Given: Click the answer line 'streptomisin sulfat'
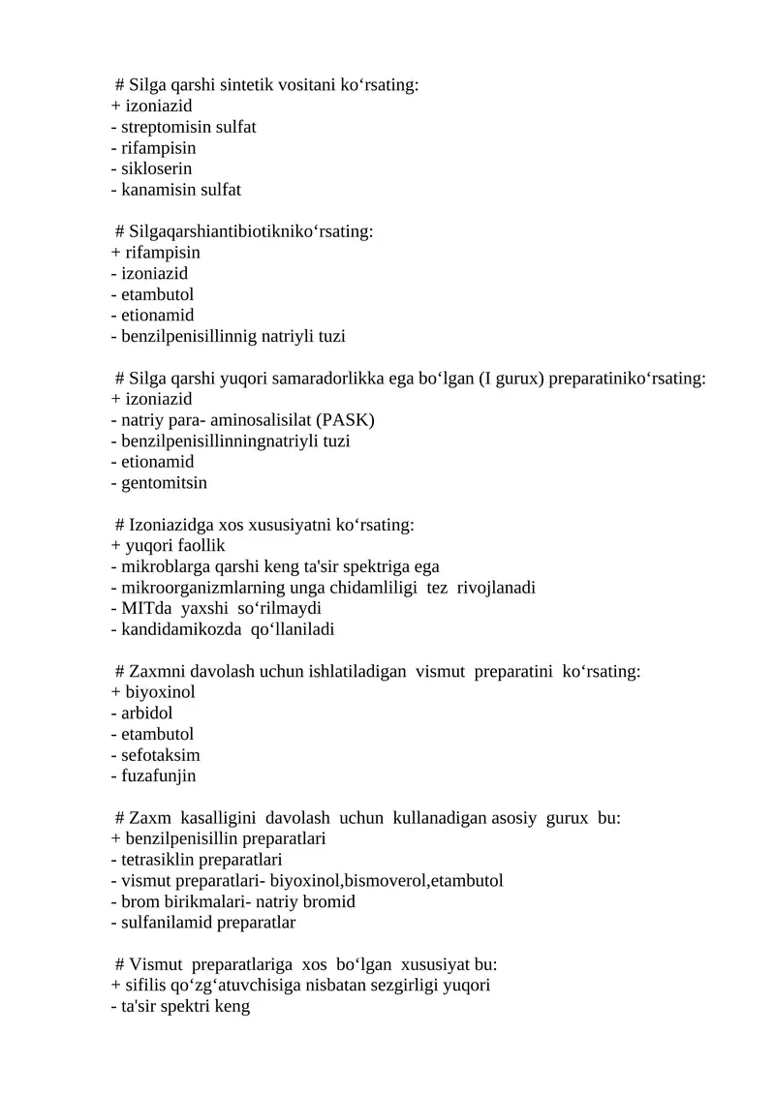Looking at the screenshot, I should [184, 127].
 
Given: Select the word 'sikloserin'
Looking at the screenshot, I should [156, 168].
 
